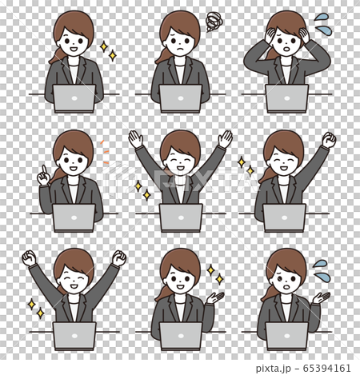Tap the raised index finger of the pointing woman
(42, 170)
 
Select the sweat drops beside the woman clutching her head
(322, 18)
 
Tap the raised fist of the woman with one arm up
(329, 140)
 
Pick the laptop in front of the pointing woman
(74, 217)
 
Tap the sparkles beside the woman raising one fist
(245, 166)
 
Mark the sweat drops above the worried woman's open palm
(320, 265)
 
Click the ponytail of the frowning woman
(160, 55)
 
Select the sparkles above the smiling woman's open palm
(214, 274)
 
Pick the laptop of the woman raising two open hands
(180, 217)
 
